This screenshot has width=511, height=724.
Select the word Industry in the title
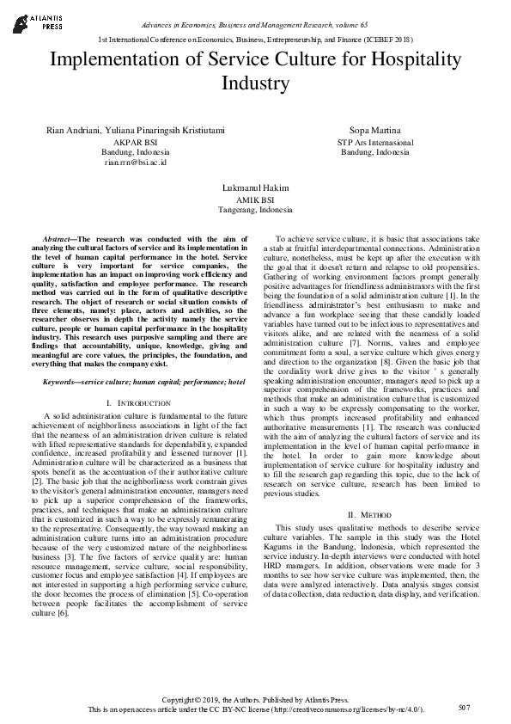(x=255, y=83)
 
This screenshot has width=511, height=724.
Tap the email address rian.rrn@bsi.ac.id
(x=135, y=162)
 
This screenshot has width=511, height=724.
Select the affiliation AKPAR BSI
(x=135, y=141)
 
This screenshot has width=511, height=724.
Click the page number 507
(x=465, y=707)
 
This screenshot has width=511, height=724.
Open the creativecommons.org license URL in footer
(x=343, y=710)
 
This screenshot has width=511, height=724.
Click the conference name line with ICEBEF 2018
(x=256, y=40)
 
